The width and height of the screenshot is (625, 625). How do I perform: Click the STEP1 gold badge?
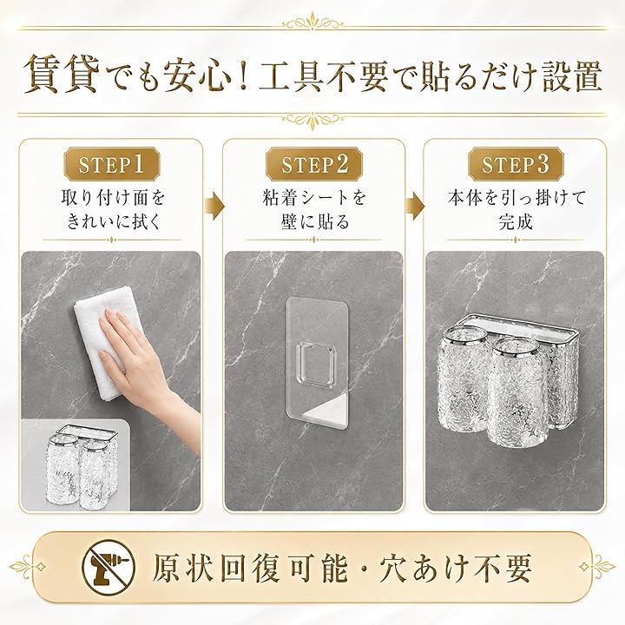click(112, 164)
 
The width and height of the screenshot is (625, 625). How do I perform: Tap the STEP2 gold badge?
click(314, 164)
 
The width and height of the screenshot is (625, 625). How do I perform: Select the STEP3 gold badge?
click(516, 164)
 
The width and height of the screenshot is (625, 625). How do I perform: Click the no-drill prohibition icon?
click(109, 567)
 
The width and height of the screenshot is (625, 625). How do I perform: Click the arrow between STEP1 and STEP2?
click(214, 205)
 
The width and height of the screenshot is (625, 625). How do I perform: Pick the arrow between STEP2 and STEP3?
click(415, 205)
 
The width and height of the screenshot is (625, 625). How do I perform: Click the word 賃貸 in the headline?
click(62, 75)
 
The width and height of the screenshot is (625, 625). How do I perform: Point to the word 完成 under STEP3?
click(516, 221)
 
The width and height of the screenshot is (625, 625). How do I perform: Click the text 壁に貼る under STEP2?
click(314, 221)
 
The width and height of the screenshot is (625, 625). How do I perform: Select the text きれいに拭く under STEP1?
click(113, 221)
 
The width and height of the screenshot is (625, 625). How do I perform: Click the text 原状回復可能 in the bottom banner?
click(249, 568)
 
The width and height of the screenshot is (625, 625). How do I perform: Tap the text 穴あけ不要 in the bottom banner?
click(456, 568)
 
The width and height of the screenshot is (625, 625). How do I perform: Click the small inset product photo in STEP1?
click(76, 465)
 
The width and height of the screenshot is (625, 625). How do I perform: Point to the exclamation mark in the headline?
click(244, 76)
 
